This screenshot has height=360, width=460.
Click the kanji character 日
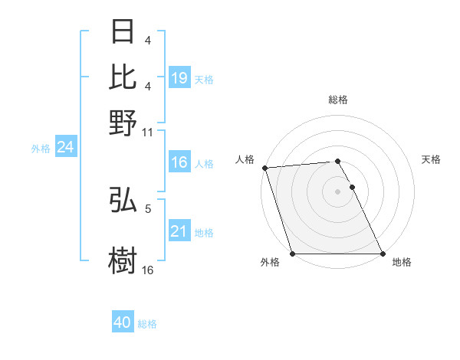point(123,33)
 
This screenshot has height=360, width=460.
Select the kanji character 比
point(123,77)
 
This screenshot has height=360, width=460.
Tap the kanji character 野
point(123,123)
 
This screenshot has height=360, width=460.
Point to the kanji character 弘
point(123,201)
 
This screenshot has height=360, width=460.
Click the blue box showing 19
point(179,77)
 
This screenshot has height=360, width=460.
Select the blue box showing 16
point(179,162)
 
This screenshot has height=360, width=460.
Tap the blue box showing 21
point(179,231)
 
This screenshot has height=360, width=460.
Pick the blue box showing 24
point(65,147)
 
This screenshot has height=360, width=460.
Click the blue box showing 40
point(123,322)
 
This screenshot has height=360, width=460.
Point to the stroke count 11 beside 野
point(148,132)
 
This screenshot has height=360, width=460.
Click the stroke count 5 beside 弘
point(148,208)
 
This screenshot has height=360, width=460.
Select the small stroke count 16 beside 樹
point(148,270)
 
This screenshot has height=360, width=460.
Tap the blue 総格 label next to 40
point(147,324)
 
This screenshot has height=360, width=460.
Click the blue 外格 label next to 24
point(41,149)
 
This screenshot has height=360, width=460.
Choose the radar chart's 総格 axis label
point(337,100)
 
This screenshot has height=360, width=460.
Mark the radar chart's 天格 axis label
point(431,159)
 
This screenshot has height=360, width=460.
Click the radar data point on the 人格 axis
point(264,168)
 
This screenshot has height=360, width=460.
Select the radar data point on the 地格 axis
point(383,254)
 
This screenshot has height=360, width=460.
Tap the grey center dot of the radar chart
point(337,191)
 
